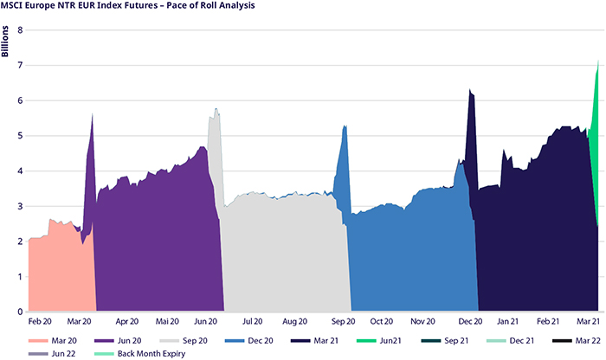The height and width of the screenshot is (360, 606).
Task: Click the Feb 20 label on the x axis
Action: tap(41, 321)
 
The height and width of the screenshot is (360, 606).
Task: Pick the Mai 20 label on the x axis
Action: tap(167, 321)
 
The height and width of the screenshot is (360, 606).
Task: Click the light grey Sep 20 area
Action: tap(286, 260)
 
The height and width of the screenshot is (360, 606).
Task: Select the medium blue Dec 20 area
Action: tap(416, 260)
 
